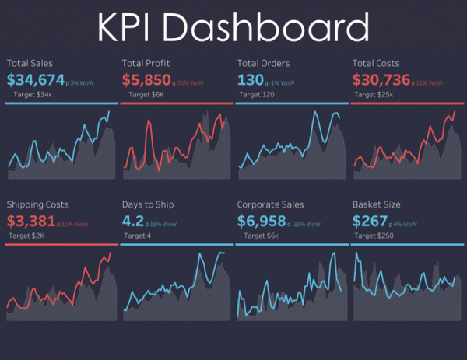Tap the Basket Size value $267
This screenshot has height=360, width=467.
(x=370, y=222)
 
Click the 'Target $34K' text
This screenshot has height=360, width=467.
(x=32, y=93)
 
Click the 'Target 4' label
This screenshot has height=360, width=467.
(x=137, y=236)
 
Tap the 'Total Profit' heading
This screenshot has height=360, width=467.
(x=147, y=61)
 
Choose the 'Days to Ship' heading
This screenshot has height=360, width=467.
(x=148, y=204)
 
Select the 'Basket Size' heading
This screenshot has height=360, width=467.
(x=377, y=204)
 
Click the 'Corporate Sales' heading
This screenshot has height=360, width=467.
(x=270, y=204)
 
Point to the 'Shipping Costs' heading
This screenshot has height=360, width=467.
(x=37, y=204)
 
